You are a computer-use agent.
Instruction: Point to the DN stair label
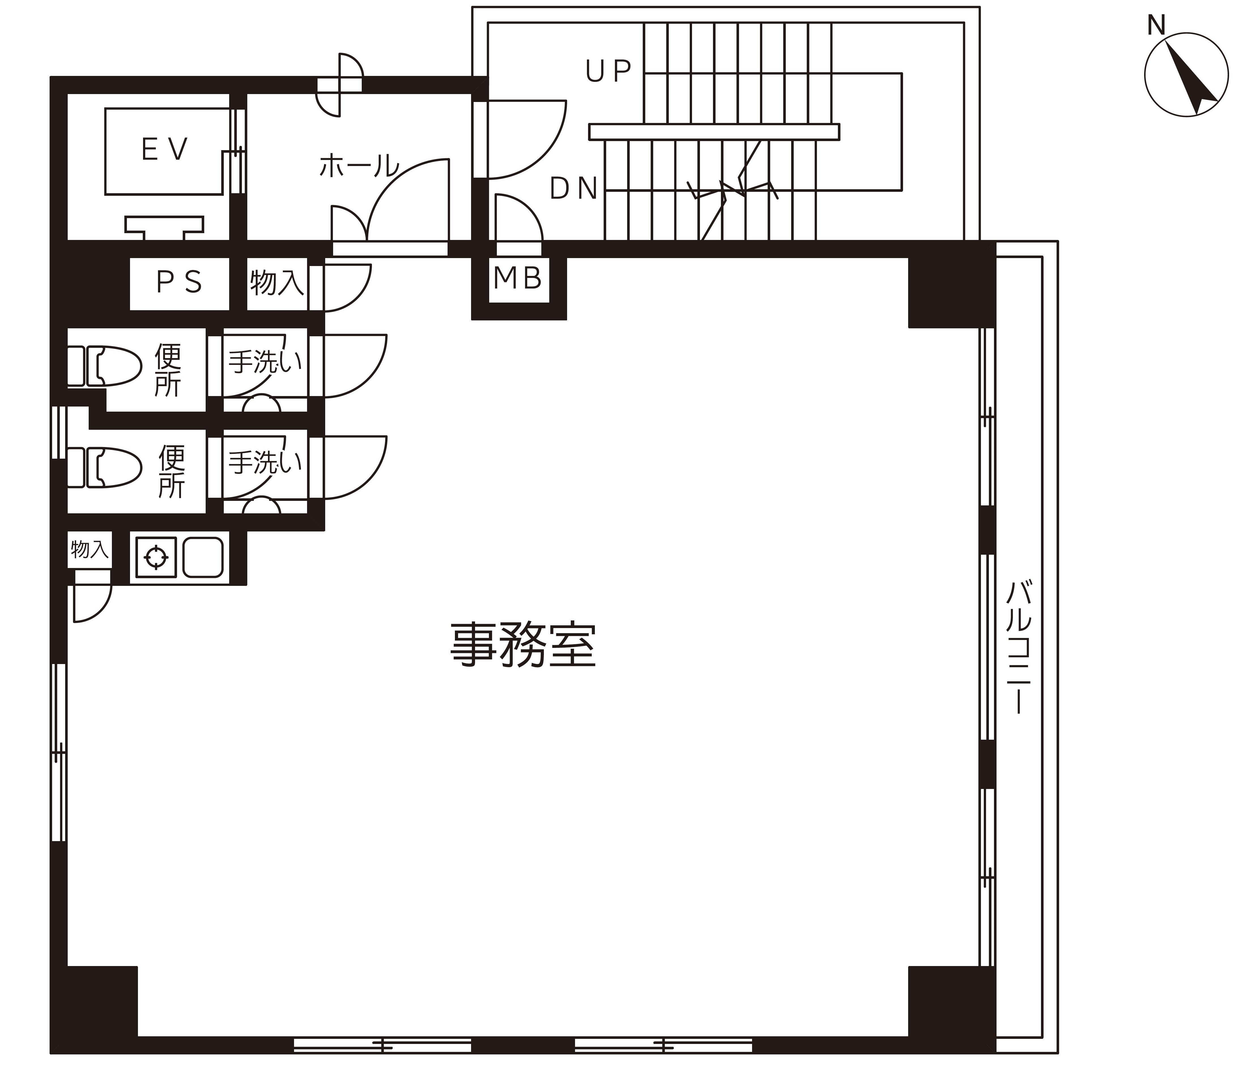point(573,189)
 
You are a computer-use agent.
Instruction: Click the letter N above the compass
point(1156,26)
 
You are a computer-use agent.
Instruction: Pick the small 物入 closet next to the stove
point(89,549)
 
